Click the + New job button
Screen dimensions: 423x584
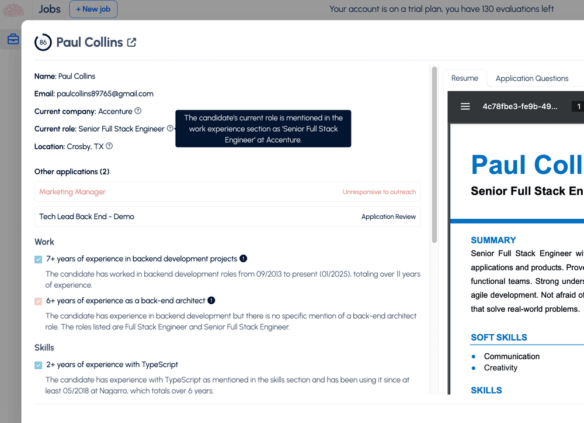(x=93, y=9)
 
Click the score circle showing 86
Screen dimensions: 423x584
(x=43, y=42)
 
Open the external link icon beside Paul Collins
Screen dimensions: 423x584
(x=132, y=42)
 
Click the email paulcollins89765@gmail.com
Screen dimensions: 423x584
(x=105, y=94)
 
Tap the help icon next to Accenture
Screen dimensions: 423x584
(x=138, y=111)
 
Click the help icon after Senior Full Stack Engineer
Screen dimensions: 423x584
(x=170, y=128)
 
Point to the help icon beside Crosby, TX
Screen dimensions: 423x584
(x=109, y=146)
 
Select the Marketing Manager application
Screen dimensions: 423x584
(x=72, y=192)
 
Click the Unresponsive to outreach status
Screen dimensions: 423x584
(x=379, y=192)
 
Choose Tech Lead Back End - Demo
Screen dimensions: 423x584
(x=86, y=216)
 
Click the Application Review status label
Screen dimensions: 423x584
(x=388, y=216)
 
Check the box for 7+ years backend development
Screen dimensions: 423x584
(x=39, y=259)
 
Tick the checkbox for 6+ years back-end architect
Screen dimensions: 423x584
(x=39, y=301)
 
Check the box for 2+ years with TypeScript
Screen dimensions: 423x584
(x=39, y=365)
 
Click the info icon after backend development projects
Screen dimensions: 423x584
(x=243, y=259)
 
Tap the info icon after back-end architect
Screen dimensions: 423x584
(x=211, y=301)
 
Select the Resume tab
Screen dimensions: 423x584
(x=465, y=78)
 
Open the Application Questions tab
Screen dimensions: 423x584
(x=531, y=78)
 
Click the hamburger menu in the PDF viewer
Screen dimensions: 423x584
(x=465, y=106)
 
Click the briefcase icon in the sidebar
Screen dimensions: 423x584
(x=13, y=40)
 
